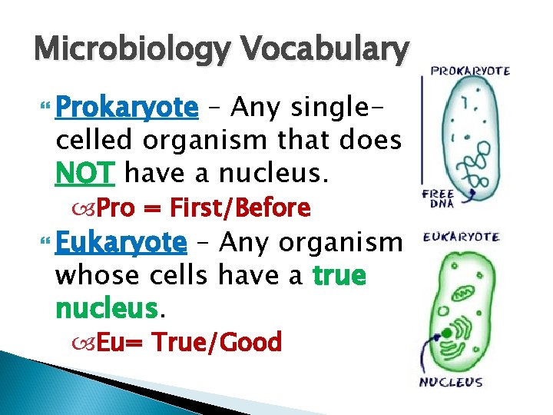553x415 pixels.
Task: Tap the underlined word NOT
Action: click(x=84, y=174)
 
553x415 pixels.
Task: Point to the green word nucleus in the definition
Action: click(x=106, y=309)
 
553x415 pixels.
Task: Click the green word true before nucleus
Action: click(x=339, y=276)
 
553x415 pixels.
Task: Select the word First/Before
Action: click(x=239, y=208)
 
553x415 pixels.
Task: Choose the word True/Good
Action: click(x=217, y=342)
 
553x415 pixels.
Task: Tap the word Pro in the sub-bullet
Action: click(x=116, y=208)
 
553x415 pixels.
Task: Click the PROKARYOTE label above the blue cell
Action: click(x=470, y=71)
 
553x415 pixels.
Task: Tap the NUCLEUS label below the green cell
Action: click(x=450, y=382)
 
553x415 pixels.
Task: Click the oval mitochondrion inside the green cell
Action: click(x=468, y=293)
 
